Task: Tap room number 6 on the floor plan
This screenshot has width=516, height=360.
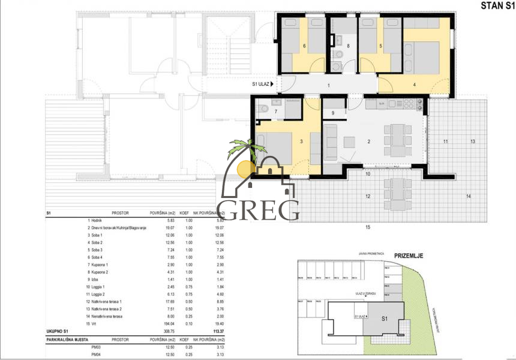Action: pos(305,46)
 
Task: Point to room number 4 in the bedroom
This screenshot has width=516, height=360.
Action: pos(414,85)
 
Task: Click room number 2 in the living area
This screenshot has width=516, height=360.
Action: pos(369,142)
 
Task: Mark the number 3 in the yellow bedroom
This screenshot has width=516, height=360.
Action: pos(301,142)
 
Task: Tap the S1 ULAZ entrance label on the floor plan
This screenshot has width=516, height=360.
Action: pos(262,85)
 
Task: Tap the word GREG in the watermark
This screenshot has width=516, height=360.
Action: pos(262,209)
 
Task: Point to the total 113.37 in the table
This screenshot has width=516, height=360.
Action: pos(212,330)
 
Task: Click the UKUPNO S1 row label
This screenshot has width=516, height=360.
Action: pos(60,330)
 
